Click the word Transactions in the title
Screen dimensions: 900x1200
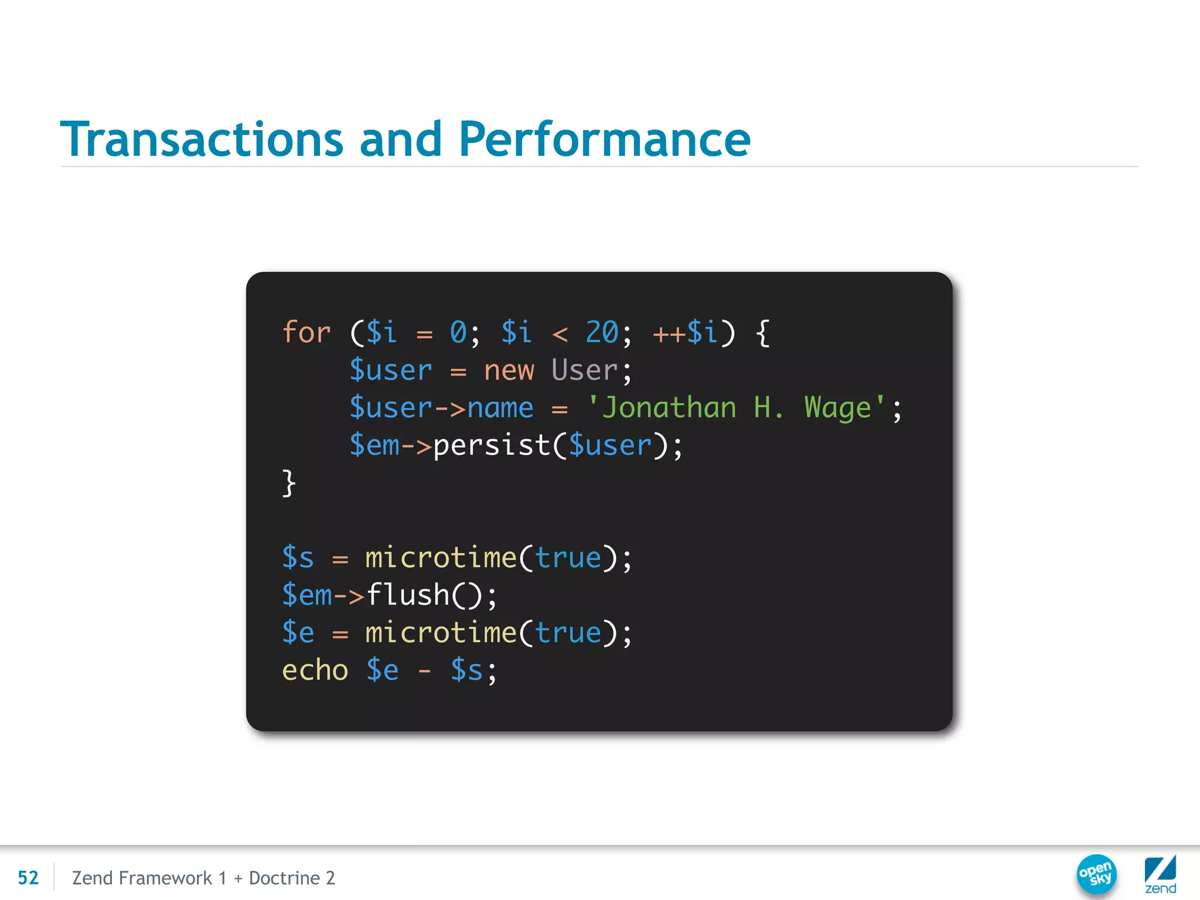202,139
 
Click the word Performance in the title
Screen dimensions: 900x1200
604,139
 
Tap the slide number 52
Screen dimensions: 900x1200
28,878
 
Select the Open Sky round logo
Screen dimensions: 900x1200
1096,875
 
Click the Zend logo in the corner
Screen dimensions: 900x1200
1160,875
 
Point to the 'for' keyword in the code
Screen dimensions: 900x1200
306,333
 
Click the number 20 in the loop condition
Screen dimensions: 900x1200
602,333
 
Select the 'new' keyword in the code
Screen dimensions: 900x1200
509,370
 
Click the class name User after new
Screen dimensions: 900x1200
584,370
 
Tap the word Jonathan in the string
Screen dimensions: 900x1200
669,408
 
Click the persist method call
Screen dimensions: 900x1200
492,446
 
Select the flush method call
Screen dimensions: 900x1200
408,595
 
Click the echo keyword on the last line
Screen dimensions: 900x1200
315,670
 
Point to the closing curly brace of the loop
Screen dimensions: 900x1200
289,483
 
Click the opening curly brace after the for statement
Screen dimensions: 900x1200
762,333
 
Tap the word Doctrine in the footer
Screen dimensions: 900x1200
284,878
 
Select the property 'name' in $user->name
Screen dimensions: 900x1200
500,408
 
